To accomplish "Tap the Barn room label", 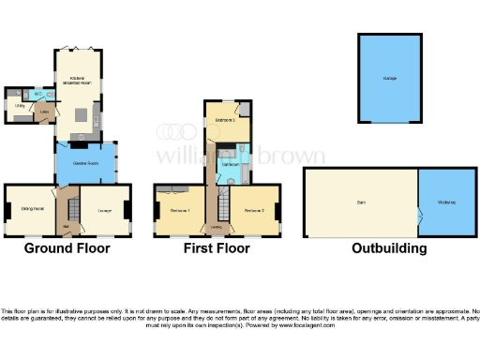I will point(360,202).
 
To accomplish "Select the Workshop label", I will point(444,202).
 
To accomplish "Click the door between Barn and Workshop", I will point(417,213).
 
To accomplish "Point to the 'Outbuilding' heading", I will point(389,248).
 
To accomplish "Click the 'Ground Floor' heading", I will point(67,248).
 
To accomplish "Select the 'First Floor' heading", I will point(217,248).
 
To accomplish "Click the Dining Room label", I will point(32,209).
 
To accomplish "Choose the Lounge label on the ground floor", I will point(102,210).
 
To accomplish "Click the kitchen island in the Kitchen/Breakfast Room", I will point(81,114).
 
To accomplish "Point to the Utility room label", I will point(20,107).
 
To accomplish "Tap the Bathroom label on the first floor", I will point(230,164).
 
